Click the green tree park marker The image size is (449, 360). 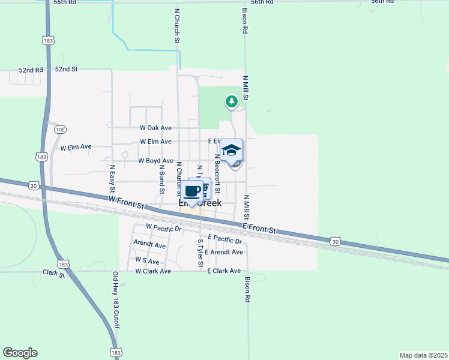coord(231,101)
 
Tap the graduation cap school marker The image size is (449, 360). coord(231,150)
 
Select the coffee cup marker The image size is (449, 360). coord(192,191)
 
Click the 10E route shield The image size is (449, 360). coord(59,129)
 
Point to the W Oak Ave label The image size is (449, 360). coord(155,128)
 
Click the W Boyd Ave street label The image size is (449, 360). coord(155,161)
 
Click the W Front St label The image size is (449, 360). coord(127,202)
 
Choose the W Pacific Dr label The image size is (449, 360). coord(164,227)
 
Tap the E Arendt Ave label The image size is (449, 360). coord(223,252)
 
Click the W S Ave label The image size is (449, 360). coord(147,260)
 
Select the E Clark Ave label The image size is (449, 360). coord(223,271)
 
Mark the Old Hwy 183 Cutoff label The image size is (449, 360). coord(115,301)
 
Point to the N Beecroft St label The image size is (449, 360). coord(217,174)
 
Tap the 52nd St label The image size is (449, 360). coord(67,70)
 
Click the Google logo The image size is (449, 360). coord(20,353)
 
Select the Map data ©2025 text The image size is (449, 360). coord(423,355)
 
